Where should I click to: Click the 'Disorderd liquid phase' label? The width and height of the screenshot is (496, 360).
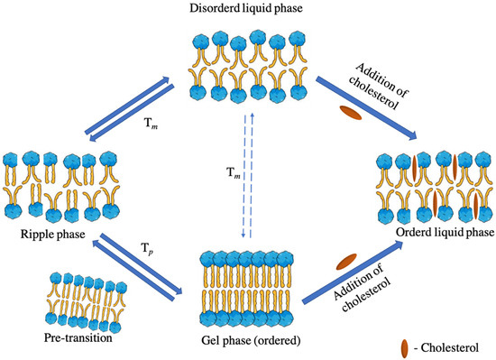coord(246,10)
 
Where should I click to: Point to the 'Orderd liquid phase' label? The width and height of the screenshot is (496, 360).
coord(441,230)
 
